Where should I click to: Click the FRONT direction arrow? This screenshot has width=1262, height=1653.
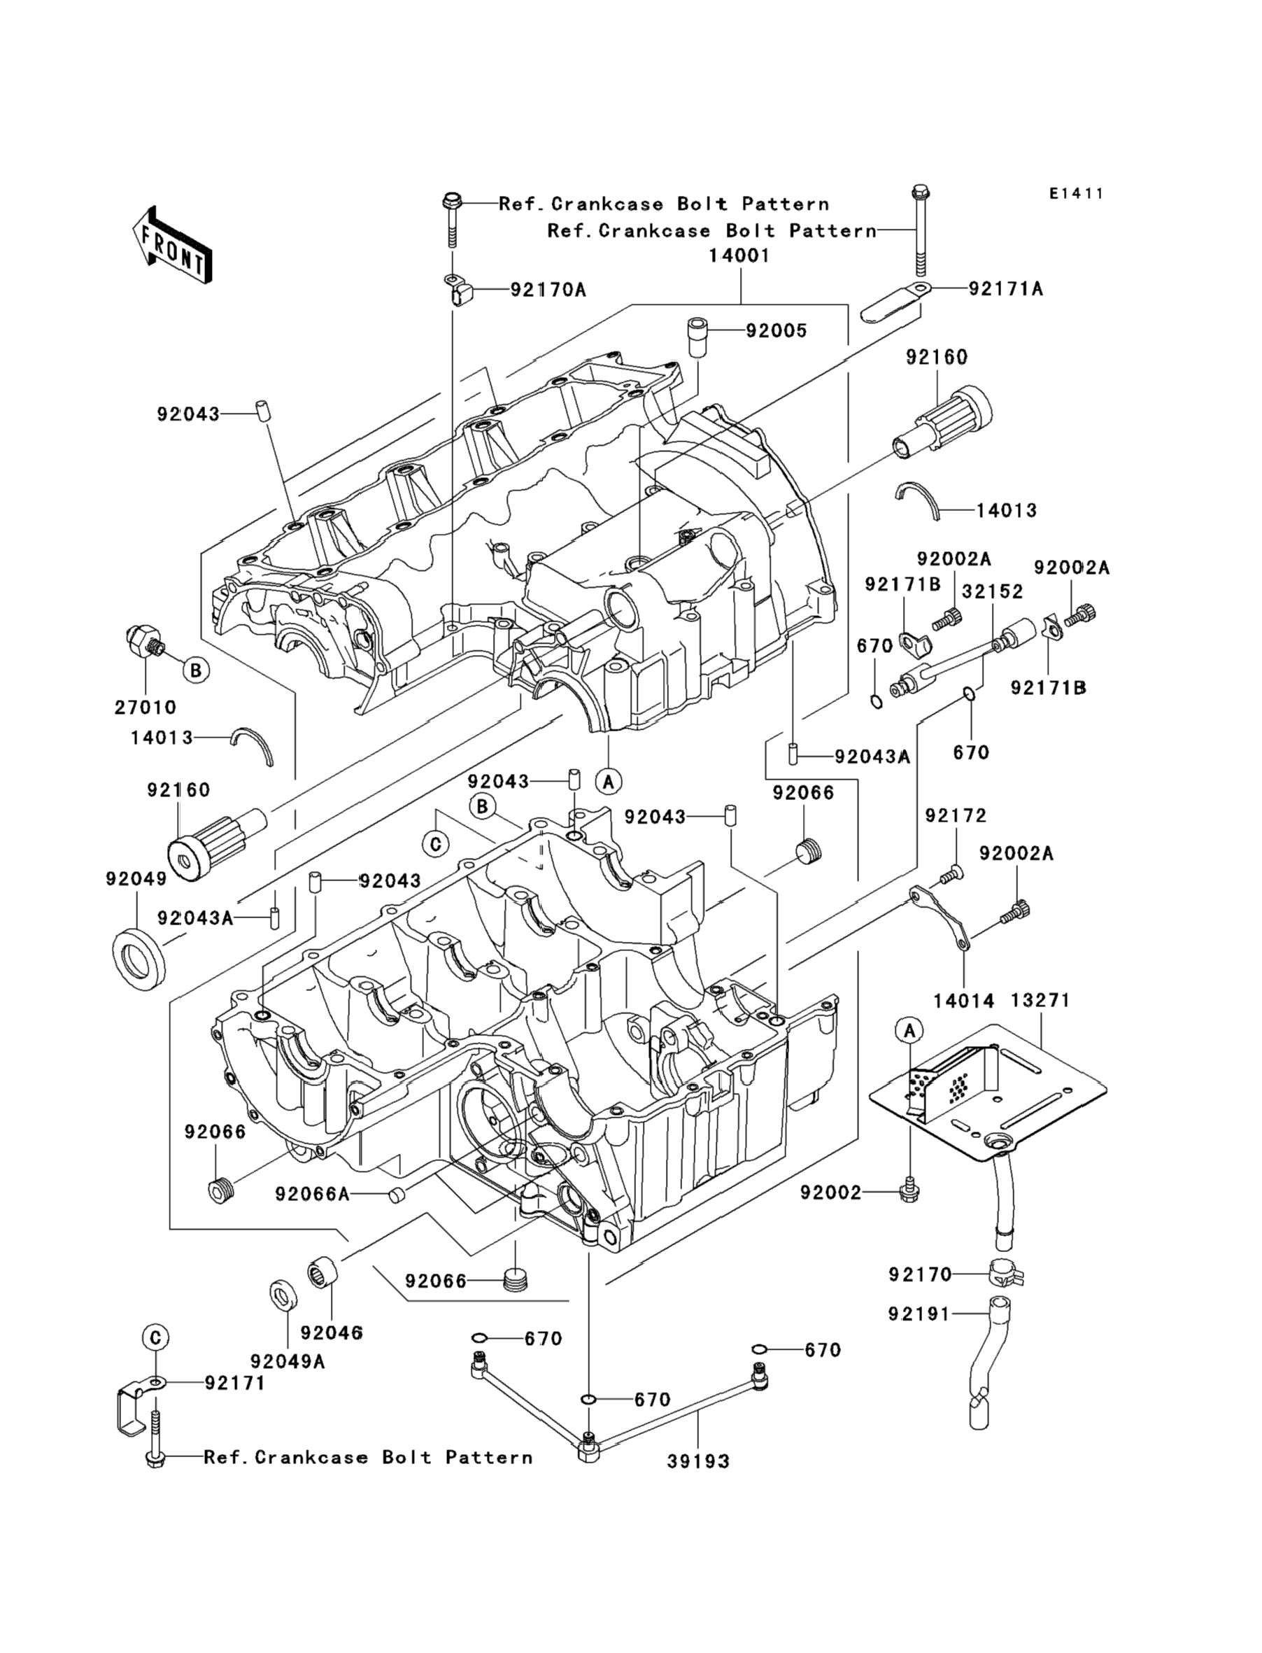[x=171, y=246]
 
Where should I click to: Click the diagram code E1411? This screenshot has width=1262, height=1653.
[x=1077, y=194]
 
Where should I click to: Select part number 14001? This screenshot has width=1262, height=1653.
[x=739, y=256]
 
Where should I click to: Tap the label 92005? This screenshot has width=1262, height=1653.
[x=776, y=330]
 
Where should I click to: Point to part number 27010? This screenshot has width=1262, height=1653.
[x=145, y=707]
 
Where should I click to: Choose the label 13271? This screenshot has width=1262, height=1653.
[x=1040, y=1000]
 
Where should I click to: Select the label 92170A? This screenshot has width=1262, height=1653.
[x=548, y=289]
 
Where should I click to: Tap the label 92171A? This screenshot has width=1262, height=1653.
[x=1006, y=288]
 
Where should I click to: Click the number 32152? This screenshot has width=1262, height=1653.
[x=993, y=591]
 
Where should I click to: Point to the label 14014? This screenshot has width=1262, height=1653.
[x=964, y=1001]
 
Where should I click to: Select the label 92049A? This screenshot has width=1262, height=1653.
[x=288, y=1360]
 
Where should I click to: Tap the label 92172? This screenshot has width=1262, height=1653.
[x=956, y=815]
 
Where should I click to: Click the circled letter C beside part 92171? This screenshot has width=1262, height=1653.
[x=155, y=1337]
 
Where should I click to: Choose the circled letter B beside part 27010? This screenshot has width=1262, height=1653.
[x=195, y=670]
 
